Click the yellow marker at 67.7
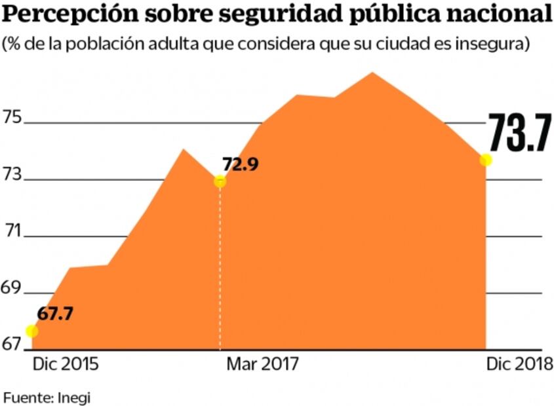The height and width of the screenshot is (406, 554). [x=31, y=331]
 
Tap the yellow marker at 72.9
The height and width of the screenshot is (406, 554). [x=220, y=181]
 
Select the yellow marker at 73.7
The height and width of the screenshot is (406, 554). [x=486, y=160]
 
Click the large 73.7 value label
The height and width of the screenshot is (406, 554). [x=518, y=134]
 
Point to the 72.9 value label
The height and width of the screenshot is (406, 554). [x=241, y=164]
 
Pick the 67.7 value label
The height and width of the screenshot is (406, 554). [x=54, y=313]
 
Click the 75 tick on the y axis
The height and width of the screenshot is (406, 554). [x=13, y=119]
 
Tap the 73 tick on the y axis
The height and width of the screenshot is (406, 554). [x=13, y=175]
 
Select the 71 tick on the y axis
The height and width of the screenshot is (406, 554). [x=13, y=231]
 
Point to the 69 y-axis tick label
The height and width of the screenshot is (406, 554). [x=13, y=288]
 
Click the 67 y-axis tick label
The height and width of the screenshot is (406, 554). [x=13, y=344]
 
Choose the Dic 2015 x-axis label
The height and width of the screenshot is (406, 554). [x=66, y=364]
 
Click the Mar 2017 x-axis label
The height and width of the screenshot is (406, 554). [x=263, y=364]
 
